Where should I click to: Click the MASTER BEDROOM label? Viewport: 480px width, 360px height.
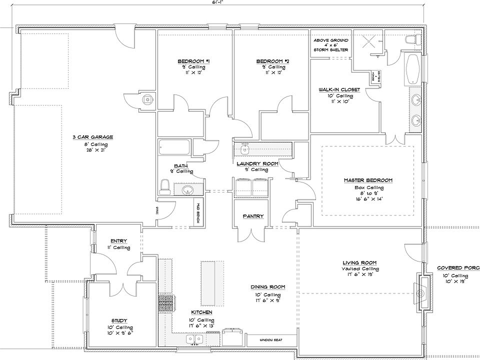point(368,180)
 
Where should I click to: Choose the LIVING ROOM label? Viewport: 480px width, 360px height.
point(359,262)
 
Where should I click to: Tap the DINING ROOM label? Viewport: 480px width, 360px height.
point(268,287)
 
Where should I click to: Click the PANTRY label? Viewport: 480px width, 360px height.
point(254,216)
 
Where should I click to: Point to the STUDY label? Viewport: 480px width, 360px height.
point(119,320)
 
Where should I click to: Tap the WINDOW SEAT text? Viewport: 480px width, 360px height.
point(271,340)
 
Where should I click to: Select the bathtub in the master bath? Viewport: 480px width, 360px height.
point(413,70)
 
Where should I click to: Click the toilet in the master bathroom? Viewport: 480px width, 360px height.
point(412,39)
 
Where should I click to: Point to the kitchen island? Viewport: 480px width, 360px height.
point(209,283)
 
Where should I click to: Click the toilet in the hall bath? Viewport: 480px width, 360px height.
point(164,187)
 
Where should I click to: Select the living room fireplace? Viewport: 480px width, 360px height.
point(420,292)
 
